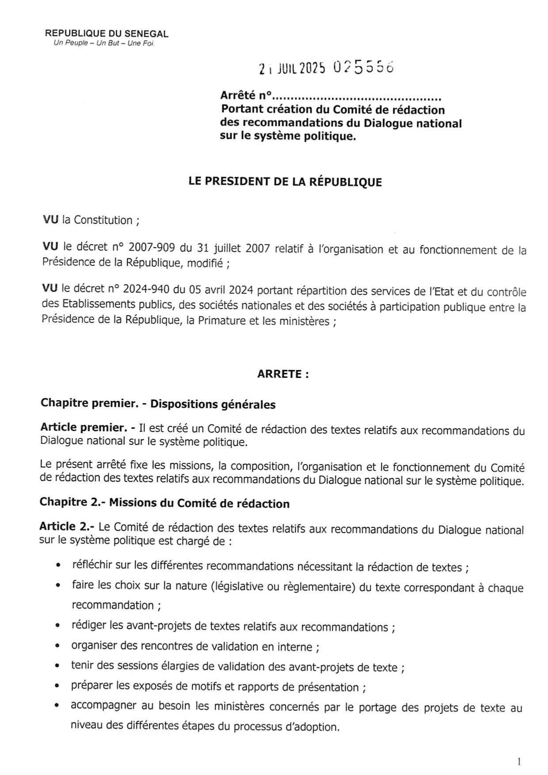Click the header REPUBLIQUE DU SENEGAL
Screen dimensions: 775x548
(107, 34)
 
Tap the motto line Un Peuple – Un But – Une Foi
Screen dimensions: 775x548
(104, 43)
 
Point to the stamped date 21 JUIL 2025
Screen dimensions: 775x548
(292, 68)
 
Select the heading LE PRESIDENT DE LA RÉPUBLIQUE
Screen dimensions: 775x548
(285, 182)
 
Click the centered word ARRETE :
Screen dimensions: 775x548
(283, 374)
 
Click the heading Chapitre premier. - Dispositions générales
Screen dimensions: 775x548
(158, 404)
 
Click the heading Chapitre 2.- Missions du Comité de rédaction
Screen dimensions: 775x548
(164, 503)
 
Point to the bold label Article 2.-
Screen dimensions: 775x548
(67, 527)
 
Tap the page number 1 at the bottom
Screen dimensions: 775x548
(519, 761)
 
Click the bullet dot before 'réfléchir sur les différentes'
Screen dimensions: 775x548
(58, 566)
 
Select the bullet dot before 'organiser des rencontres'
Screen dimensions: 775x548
(57, 646)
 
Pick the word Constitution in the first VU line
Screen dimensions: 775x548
(103, 220)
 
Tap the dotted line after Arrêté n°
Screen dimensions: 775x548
(357, 96)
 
